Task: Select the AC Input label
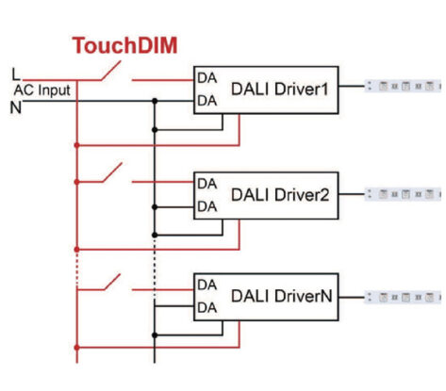pos(41,89)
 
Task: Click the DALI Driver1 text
pos(279,89)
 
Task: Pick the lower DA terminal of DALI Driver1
pos(207,101)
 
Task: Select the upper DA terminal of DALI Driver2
pos(207,183)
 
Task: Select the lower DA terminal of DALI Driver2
pos(207,205)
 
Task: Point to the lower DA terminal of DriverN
pos(207,308)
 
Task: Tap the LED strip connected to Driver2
pos(405,193)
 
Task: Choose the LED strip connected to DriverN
pos(405,296)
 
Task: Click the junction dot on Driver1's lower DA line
pos(154,101)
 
